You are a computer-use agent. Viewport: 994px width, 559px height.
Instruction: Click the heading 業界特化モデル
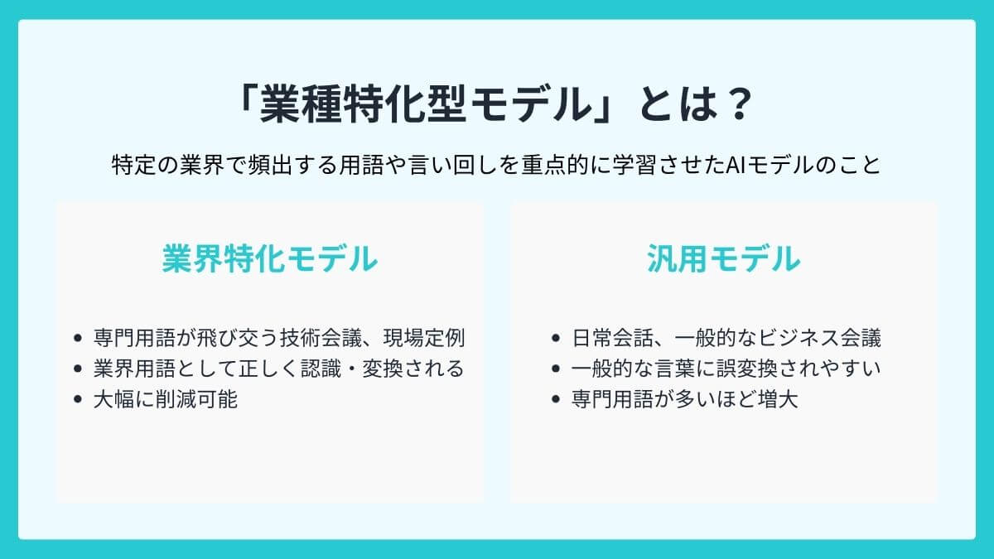270,259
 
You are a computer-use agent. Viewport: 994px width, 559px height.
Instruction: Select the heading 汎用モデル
723,259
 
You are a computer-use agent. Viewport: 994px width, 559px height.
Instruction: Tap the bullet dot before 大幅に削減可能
78,399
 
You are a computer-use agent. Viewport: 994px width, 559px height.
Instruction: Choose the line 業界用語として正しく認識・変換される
278,369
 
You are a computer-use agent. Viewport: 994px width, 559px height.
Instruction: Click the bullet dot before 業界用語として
78,369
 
